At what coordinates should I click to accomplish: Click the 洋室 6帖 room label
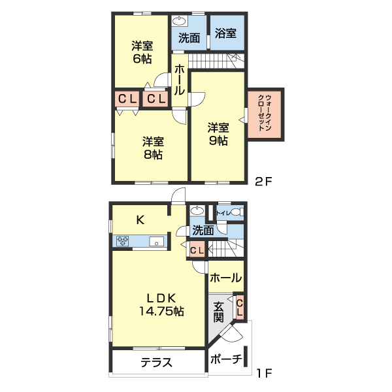(142, 52)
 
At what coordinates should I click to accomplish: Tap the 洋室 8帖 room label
(153, 148)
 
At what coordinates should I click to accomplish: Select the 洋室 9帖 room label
(218, 133)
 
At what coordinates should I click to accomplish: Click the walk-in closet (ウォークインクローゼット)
(267, 113)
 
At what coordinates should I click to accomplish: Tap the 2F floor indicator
(264, 182)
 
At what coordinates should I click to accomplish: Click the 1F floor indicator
(264, 374)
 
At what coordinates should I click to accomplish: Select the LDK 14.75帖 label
(161, 304)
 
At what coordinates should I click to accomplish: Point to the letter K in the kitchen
(140, 220)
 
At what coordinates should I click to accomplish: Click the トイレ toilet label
(223, 212)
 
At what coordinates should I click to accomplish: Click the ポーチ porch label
(227, 359)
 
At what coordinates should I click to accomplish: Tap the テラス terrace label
(156, 363)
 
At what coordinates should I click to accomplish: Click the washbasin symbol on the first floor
(195, 211)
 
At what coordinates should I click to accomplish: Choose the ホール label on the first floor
(226, 278)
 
